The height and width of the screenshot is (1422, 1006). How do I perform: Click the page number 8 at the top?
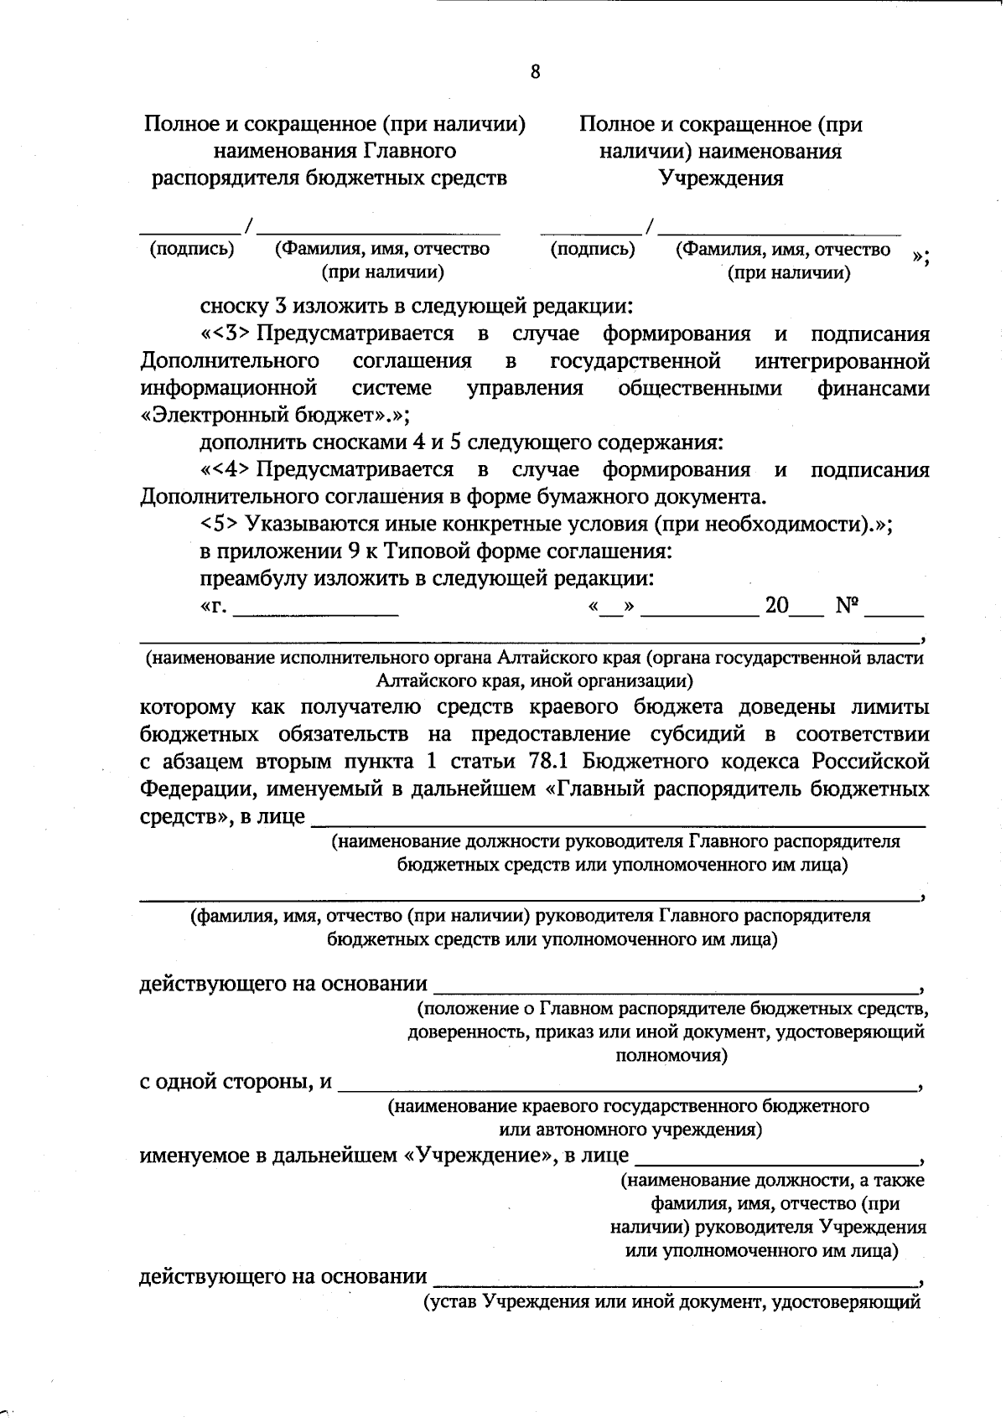[536, 72]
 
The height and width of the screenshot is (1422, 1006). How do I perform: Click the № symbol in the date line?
[847, 606]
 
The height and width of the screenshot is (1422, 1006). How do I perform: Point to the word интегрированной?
[842, 361]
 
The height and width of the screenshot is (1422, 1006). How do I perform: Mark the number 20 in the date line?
[776, 606]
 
